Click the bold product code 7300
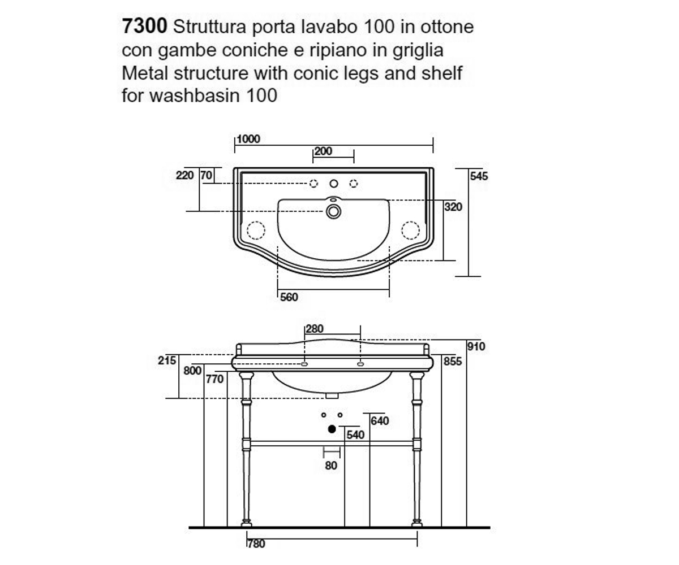tap(144, 26)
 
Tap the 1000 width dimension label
tap(248, 139)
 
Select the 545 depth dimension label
tap(479, 176)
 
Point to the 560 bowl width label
tap(289, 297)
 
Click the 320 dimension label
tap(453, 207)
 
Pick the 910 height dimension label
tap(476, 346)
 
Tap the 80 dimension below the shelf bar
tap(331, 466)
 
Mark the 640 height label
tap(380, 421)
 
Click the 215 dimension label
tap(167, 360)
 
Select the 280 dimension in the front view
tap(315, 329)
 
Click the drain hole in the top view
tap(334, 212)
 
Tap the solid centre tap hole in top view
tap(334, 184)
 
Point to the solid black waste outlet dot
tap(332, 429)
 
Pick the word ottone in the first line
tap(447, 27)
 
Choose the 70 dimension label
tap(207, 175)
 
